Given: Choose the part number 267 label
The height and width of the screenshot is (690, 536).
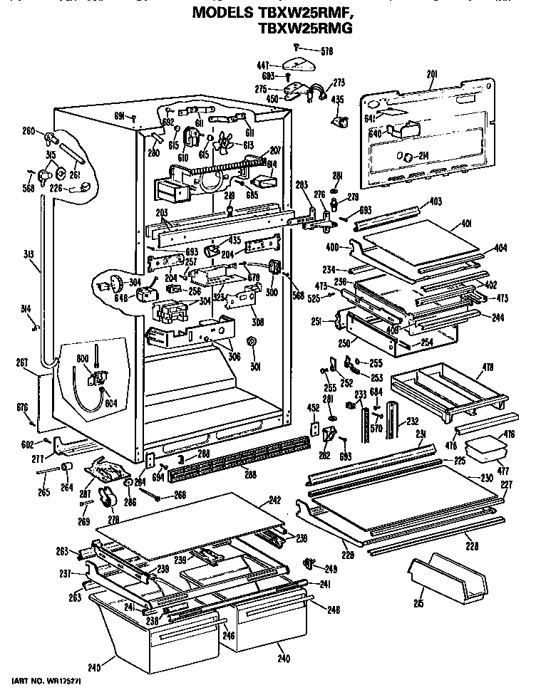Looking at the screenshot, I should [22, 362].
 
